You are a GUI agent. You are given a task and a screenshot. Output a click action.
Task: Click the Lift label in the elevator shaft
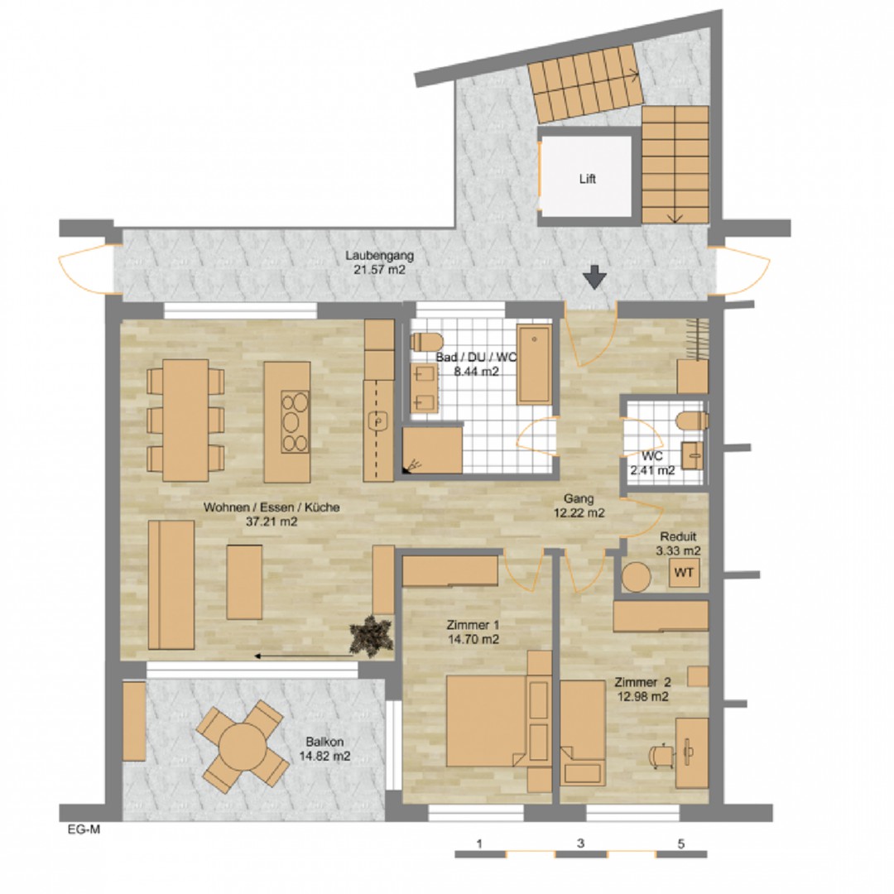pos(587,179)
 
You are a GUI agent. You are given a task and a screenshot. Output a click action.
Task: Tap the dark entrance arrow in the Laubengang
pos(594,277)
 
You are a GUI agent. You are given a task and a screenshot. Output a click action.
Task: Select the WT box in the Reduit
pos(684,573)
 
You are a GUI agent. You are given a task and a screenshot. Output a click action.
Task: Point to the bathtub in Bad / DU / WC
pos(534,364)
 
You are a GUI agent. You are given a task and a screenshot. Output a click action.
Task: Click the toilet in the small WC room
pos(691,421)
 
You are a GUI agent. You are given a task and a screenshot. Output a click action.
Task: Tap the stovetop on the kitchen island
pos(295,421)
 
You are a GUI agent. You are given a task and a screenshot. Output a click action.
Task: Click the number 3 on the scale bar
pos(580,844)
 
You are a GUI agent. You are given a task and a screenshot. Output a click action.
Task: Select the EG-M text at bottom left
pos(84,829)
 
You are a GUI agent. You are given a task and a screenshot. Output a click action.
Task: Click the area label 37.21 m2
pos(272,521)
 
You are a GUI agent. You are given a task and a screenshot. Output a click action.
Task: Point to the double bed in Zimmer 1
pos(487,721)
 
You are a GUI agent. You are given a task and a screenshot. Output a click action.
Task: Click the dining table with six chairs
pos(185,421)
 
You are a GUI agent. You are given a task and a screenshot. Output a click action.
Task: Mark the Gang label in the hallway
pos(579,499)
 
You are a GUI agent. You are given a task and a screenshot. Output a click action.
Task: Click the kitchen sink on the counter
pos(378,422)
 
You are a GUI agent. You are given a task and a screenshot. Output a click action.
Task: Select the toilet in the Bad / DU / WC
pos(426,342)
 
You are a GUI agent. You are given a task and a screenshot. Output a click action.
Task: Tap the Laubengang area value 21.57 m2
pos(380,270)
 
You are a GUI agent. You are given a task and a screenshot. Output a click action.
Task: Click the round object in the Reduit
pos(637,577)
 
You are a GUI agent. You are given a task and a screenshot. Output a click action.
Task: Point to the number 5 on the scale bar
pos(680,844)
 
